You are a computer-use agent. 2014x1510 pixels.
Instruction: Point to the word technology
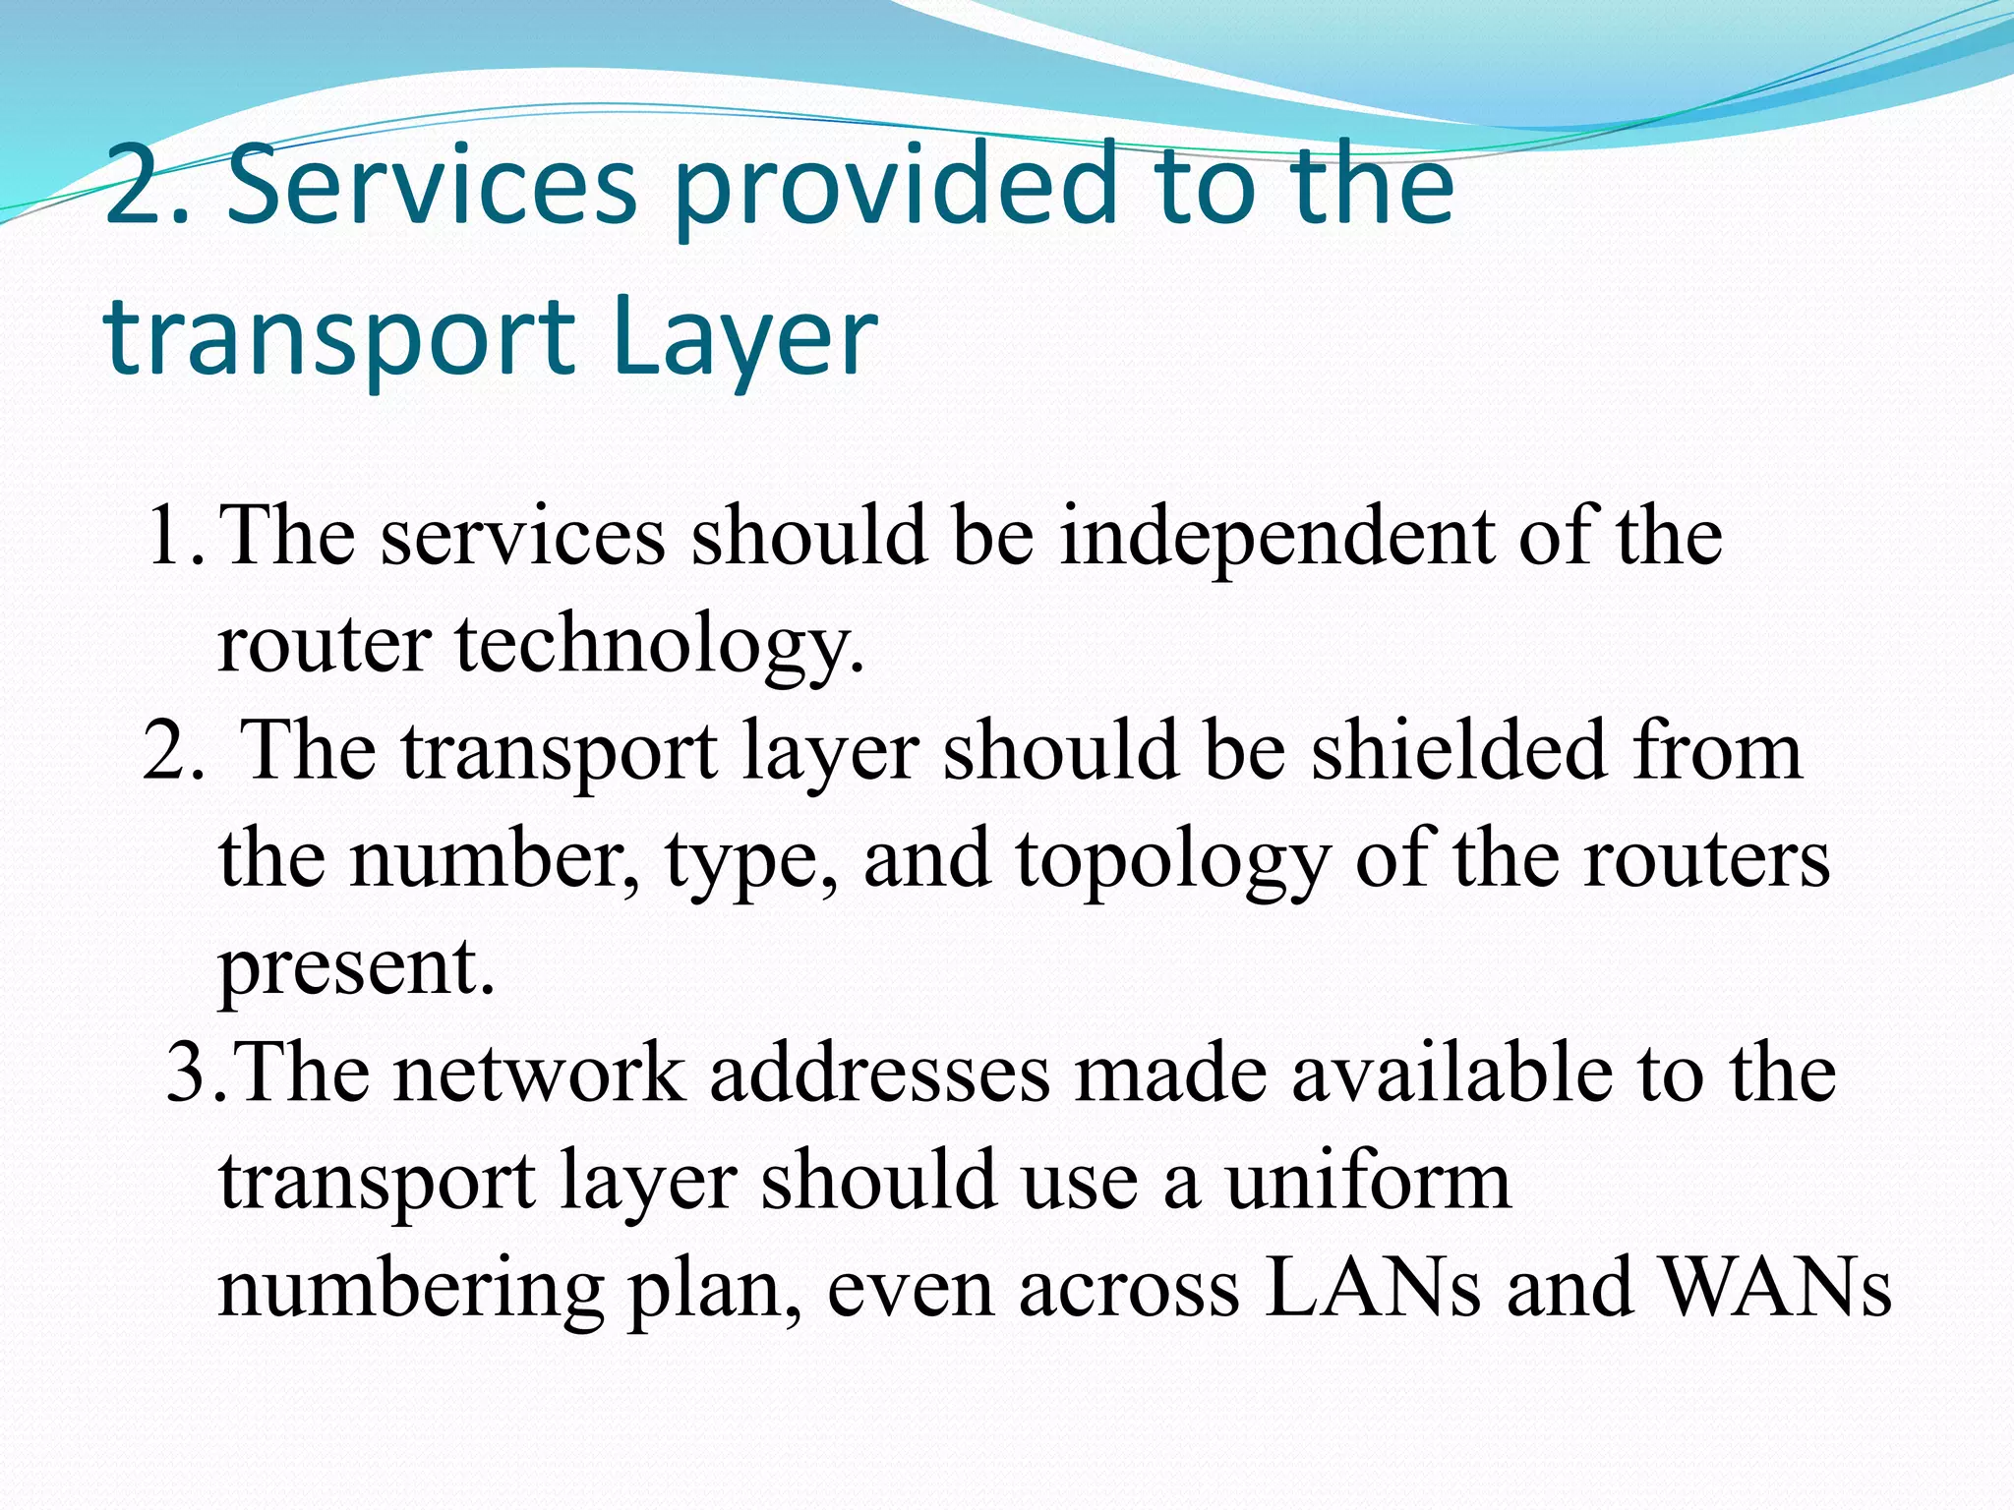[659, 647]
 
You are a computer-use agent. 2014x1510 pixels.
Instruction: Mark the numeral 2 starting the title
[134, 186]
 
